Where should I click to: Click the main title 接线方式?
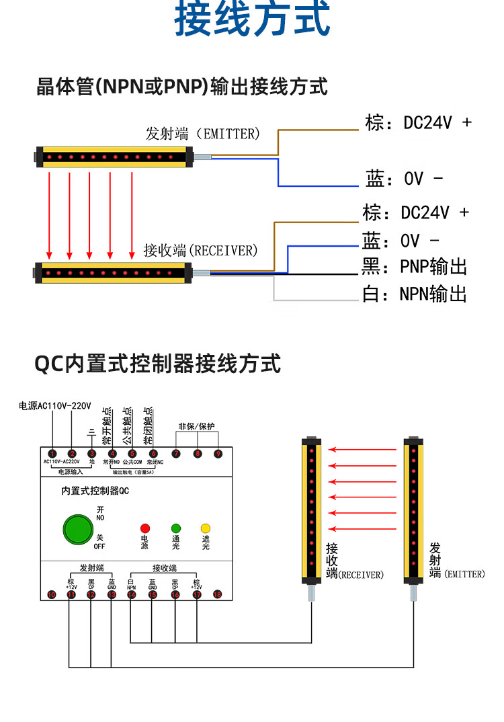click(252, 19)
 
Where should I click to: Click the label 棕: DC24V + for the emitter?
click(418, 122)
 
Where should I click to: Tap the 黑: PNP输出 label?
click(414, 267)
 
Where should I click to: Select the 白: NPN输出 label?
click(414, 294)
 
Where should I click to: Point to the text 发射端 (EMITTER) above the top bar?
click(202, 134)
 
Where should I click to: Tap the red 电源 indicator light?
click(144, 528)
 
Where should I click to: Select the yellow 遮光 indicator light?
click(206, 528)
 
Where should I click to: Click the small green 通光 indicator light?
click(175, 528)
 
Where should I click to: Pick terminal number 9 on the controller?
click(218, 454)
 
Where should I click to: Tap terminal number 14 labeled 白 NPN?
click(131, 594)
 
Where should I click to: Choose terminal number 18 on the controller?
click(217, 594)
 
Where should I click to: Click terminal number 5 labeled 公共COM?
click(132, 454)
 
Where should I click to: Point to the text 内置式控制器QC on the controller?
click(95, 491)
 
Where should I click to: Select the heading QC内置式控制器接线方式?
click(157, 364)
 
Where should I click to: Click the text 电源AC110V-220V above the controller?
click(54, 406)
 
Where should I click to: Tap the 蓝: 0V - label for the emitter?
click(405, 179)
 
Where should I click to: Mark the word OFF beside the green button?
click(99, 546)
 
